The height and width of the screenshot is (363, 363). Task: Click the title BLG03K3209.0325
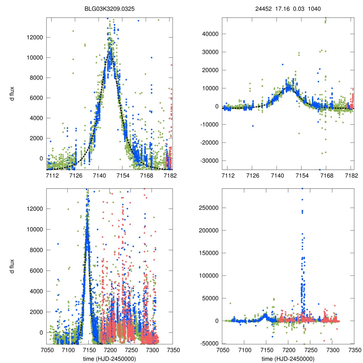tap(110, 9)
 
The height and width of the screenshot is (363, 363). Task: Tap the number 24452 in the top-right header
tap(264, 9)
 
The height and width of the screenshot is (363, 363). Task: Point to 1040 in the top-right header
tap(314, 9)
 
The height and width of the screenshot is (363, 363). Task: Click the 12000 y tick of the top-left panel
tap(35, 38)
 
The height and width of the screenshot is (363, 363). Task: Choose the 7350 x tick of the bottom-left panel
tap(173, 350)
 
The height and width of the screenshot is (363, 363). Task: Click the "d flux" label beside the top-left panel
tap(12, 94)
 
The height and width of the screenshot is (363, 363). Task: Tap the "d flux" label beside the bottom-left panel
tap(12, 266)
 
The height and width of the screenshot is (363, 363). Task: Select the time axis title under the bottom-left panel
tap(110, 358)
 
